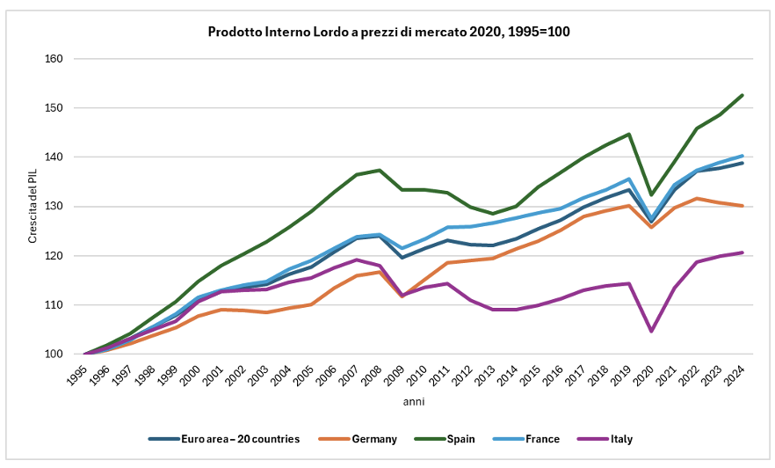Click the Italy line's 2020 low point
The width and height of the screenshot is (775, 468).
[652, 332]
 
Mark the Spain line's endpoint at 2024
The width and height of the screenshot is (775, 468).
[742, 95]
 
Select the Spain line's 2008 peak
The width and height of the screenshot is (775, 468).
[380, 170]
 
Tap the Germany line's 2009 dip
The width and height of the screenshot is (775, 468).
[402, 296]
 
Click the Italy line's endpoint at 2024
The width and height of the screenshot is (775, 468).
[742, 252]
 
